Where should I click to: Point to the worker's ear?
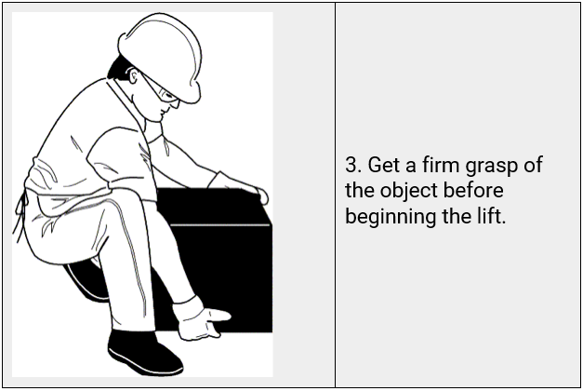coord(135,76)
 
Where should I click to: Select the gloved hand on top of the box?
coord(238,186)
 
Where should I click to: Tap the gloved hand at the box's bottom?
coord(199,319)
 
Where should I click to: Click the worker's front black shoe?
coord(145,352)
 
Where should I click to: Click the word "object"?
coord(409,192)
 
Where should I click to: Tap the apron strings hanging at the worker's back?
coord(20,216)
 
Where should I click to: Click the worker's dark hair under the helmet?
coord(120,68)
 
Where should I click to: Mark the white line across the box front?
coord(220,225)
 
